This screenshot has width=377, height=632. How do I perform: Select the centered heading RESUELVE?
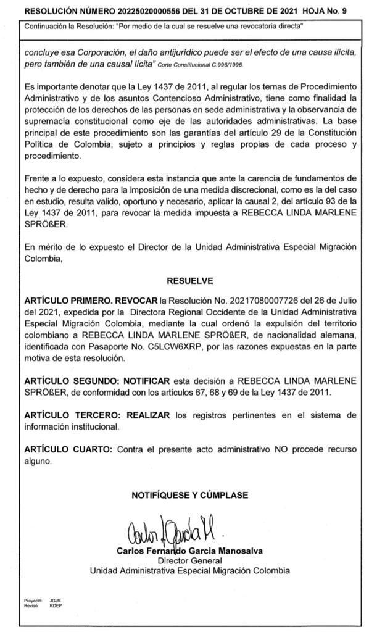[189, 280]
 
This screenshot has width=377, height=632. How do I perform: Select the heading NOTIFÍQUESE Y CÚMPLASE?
[189, 495]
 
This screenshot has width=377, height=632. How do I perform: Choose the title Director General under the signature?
[189, 561]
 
